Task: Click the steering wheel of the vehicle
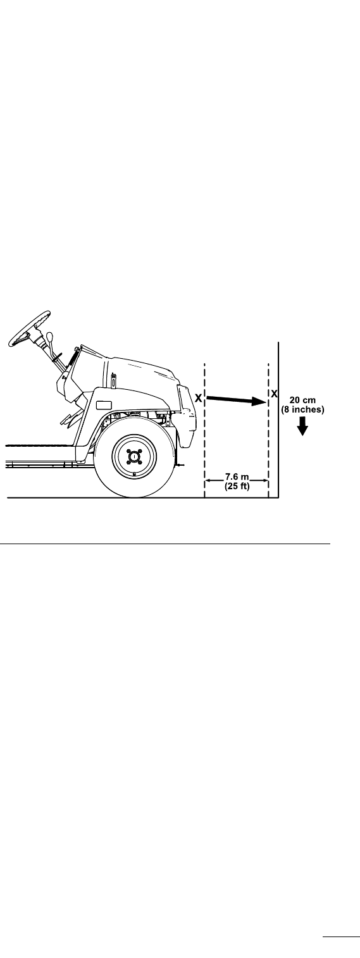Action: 29,328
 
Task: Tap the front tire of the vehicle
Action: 135,457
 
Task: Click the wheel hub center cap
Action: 134,457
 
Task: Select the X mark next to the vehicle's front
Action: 199,398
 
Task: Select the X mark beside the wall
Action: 274,394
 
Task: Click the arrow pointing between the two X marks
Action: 237,400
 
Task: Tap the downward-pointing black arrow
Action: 302,426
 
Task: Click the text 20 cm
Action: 302,401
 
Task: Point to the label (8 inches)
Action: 302,410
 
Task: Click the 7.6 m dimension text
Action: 237,477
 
